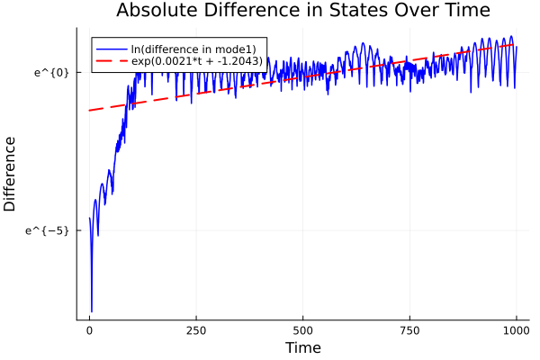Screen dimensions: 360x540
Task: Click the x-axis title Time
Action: (x=302, y=347)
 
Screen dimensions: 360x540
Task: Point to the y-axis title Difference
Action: (x=11, y=174)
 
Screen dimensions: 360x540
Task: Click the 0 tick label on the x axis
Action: (x=89, y=329)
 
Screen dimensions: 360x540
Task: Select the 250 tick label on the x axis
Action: (x=196, y=329)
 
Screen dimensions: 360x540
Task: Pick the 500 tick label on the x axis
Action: (x=302, y=329)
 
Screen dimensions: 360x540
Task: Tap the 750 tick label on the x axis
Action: (x=409, y=329)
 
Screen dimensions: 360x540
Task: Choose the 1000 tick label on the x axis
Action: (x=516, y=329)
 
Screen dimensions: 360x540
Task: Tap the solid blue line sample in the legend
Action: (x=111, y=48)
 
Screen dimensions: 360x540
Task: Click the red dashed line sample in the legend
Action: (x=111, y=60)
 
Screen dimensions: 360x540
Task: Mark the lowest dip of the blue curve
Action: (x=92, y=310)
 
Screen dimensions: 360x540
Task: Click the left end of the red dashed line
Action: (x=89, y=111)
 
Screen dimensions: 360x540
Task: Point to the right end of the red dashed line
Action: (x=516, y=44)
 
